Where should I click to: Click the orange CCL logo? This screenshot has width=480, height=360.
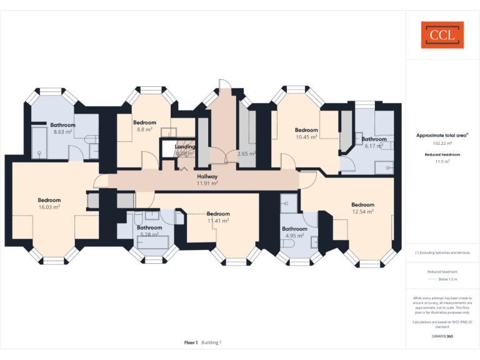coord(442,35)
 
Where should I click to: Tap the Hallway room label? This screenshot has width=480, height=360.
coord(207,176)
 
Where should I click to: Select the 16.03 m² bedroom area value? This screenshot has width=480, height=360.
coord(49,207)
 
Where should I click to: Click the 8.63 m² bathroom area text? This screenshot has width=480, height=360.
coord(62,132)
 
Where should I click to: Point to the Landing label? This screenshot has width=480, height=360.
coord(185,147)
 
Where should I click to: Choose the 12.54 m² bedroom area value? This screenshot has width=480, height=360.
coord(362,211)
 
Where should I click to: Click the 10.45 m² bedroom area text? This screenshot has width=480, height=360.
coord(306,136)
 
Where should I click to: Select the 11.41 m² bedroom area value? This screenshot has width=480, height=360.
coord(218,220)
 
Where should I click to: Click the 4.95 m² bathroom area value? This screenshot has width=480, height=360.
coord(294,236)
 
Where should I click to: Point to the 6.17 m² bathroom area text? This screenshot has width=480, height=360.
coord(373,146)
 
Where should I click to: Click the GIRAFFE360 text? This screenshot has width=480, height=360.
coord(442,337)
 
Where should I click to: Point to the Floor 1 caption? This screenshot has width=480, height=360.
coord(191,342)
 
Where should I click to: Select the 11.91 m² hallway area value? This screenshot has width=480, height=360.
coord(207,183)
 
